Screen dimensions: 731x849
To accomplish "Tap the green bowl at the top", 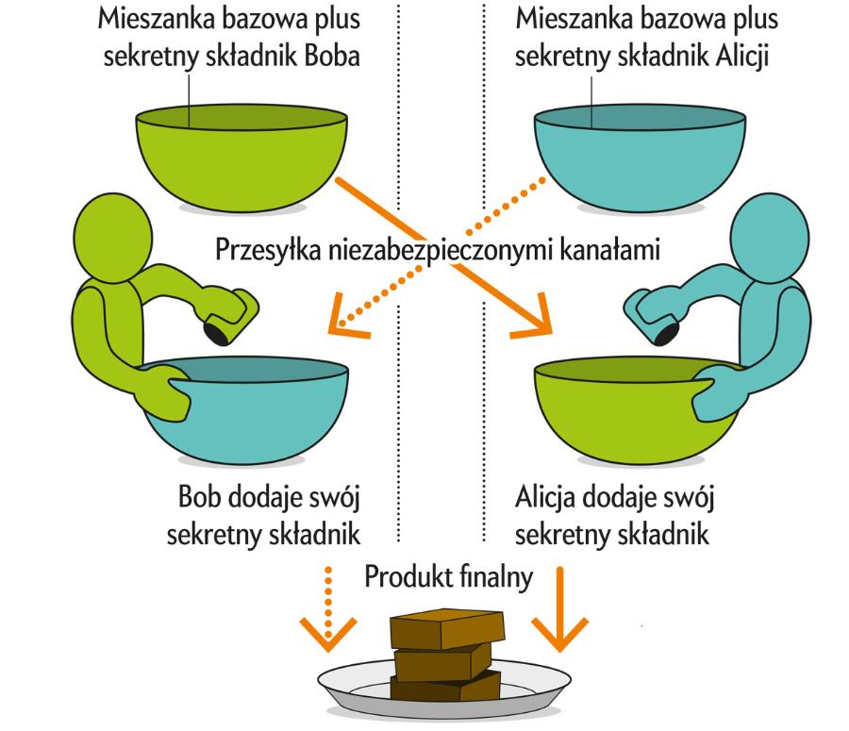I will [x=241, y=156].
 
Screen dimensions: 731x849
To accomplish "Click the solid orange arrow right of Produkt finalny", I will [x=560, y=608].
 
